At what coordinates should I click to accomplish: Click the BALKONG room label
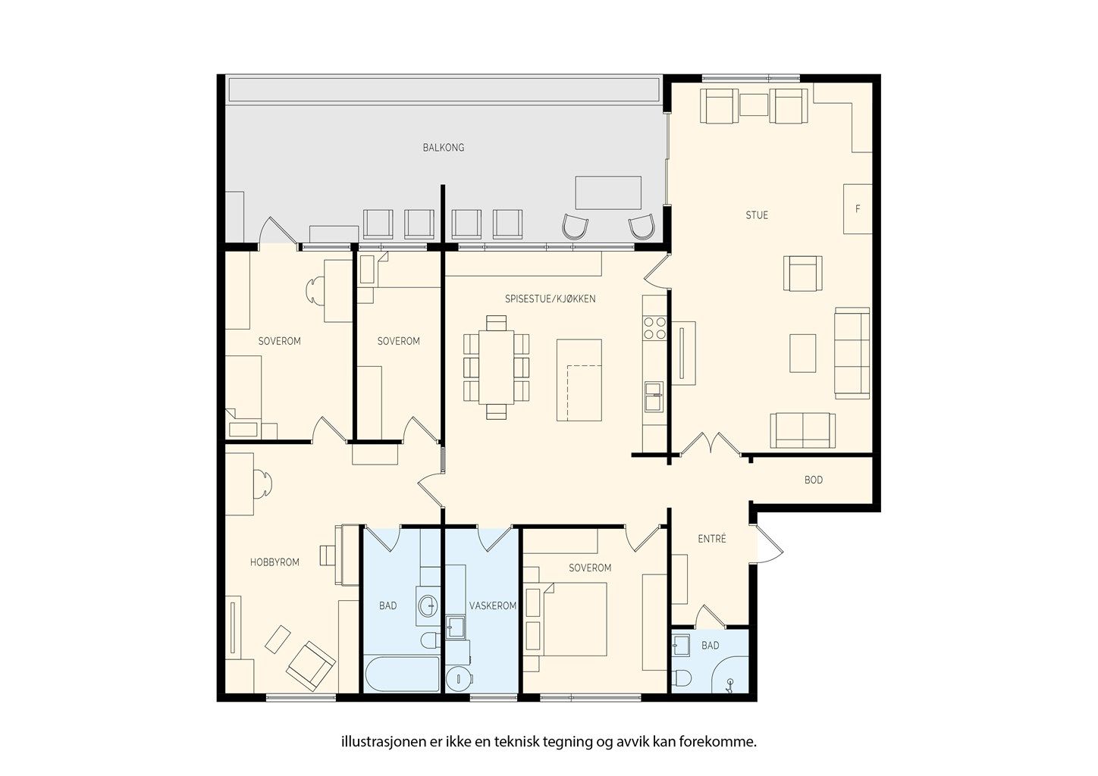pyautogui.click(x=443, y=148)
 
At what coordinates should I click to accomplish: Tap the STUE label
pyautogui.click(x=757, y=215)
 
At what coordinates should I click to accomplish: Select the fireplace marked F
pyautogui.click(x=858, y=208)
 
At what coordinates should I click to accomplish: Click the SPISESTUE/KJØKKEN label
pyautogui.click(x=550, y=299)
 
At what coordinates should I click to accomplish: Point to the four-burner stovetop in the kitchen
pyautogui.click(x=655, y=328)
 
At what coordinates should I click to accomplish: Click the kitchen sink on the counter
pyautogui.click(x=654, y=397)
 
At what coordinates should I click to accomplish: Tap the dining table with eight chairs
pyautogui.click(x=497, y=368)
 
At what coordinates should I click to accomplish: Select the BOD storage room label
pyautogui.click(x=813, y=480)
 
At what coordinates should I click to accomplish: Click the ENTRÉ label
pyautogui.click(x=712, y=539)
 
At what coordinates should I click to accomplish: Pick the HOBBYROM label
pyautogui.click(x=274, y=562)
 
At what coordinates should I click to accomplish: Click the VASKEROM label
pyautogui.click(x=493, y=606)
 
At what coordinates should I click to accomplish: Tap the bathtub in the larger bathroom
pyautogui.click(x=403, y=674)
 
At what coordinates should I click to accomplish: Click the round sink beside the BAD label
pyautogui.click(x=428, y=605)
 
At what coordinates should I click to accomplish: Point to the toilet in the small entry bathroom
pyautogui.click(x=682, y=678)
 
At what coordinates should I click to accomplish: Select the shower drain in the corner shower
pyautogui.click(x=730, y=683)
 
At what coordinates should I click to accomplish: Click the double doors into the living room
pyautogui.click(x=711, y=443)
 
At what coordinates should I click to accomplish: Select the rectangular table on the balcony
pyautogui.click(x=608, y=192)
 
